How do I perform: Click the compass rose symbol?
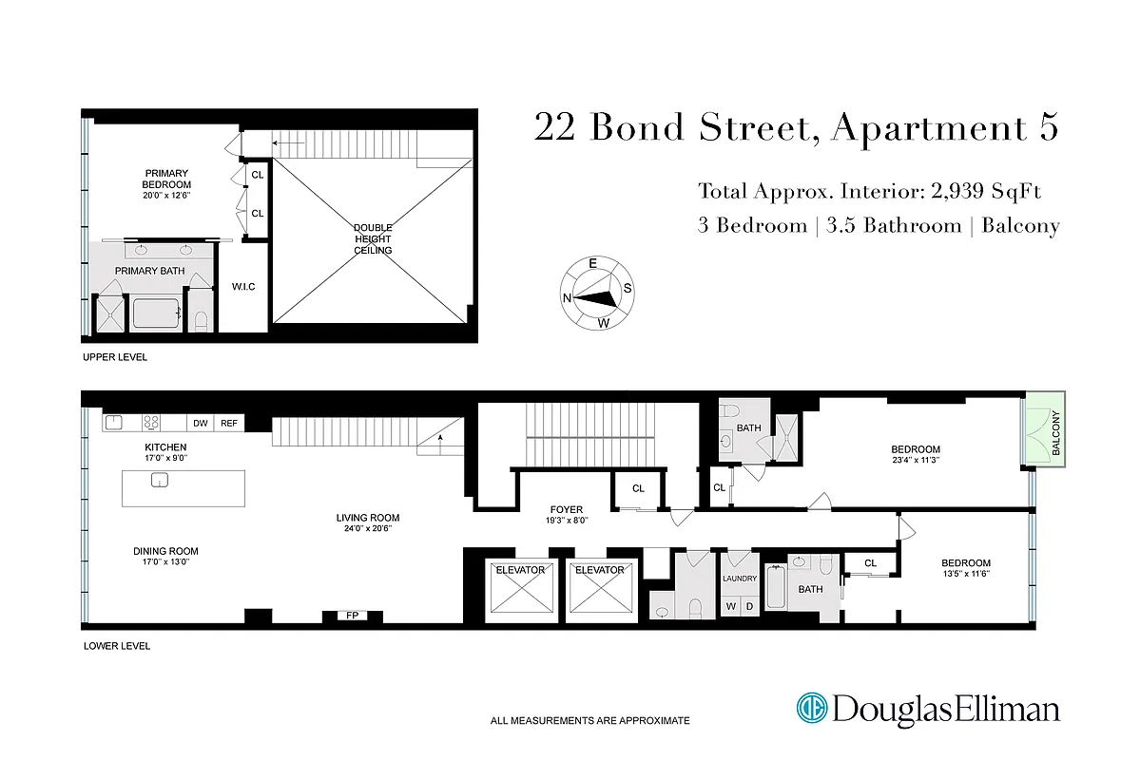tap(597, 294)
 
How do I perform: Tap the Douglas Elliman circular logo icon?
tap(811, 709)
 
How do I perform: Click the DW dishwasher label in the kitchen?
tap(200, 424)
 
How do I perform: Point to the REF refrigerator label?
tap(228, 424)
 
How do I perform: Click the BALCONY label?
tap(1055, 433)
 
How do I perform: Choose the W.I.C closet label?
tap(242, 287)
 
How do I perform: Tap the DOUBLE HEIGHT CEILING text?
tap(373, 238)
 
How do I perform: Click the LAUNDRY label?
tap(739, 579)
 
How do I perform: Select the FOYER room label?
tap(567, 510)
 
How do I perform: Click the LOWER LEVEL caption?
tap(117, 646)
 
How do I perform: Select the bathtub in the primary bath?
tap(155, 313)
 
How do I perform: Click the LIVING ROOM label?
tap(367, 518)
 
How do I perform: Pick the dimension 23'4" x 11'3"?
tap(915, 460)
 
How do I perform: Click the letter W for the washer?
tap(730, 606)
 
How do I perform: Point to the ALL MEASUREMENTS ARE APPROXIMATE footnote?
tap(589, 721)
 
